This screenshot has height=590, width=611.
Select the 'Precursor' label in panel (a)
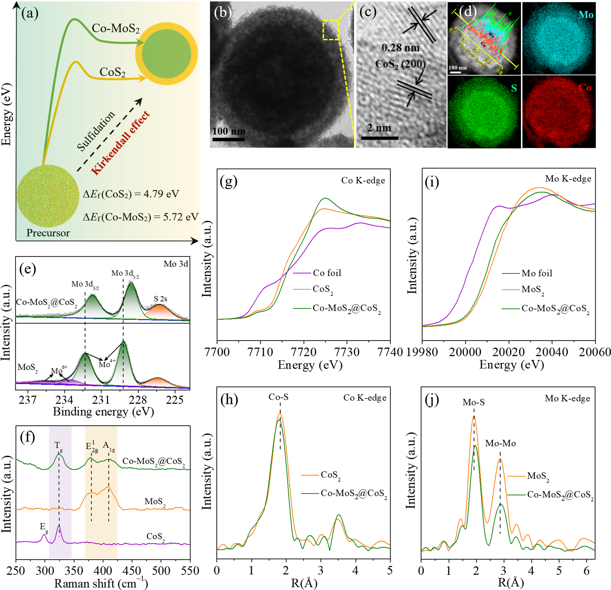[48, 233]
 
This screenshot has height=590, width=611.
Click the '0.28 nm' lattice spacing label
[401, 48]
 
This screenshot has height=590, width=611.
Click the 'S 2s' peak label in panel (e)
[161, 299]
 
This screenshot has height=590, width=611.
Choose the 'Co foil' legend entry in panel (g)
[327, 273]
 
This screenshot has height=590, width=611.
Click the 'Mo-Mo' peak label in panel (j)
[500, 443]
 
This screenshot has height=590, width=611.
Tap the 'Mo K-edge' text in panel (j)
[567, 398]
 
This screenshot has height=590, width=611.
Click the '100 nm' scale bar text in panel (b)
[229, 131]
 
